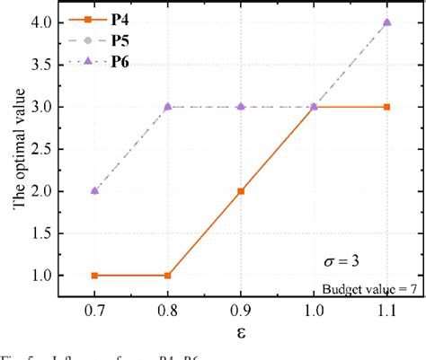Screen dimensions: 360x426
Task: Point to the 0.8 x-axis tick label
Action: pos(166,310)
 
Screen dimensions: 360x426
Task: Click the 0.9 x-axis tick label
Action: pos(241,310)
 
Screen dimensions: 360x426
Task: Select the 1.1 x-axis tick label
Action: pos(386,310)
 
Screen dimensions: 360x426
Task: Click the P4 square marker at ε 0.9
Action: pos(241,191)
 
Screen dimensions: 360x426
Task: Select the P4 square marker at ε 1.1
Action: pos(386,107)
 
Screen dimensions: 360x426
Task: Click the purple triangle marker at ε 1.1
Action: pos(386,22)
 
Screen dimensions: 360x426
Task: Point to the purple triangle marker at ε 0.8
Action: pos(166,106)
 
